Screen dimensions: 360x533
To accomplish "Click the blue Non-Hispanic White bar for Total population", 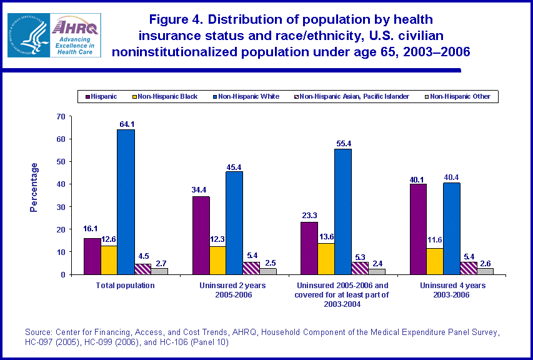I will click(126, 202).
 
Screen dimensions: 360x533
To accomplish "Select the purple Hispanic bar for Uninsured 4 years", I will click(417, 229).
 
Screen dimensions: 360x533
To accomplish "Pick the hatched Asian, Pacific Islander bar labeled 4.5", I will click(143, 269).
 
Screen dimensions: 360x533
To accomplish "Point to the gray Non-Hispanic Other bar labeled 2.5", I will click(269, 271).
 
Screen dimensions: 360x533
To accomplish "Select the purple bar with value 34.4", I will click(201, 235).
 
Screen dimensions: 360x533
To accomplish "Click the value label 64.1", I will click(126, 124).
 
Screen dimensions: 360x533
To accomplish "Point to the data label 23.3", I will click(308, 216).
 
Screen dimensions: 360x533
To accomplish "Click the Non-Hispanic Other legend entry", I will click(460, 96).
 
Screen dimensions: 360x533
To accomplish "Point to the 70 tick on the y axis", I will click(61, 116).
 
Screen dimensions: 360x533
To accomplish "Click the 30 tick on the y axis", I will click(61, 207).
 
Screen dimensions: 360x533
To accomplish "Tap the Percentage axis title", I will click(34, 187).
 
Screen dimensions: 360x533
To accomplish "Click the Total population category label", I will click(126, 285).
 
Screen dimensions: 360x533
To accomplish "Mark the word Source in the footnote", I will click(37, 331).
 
